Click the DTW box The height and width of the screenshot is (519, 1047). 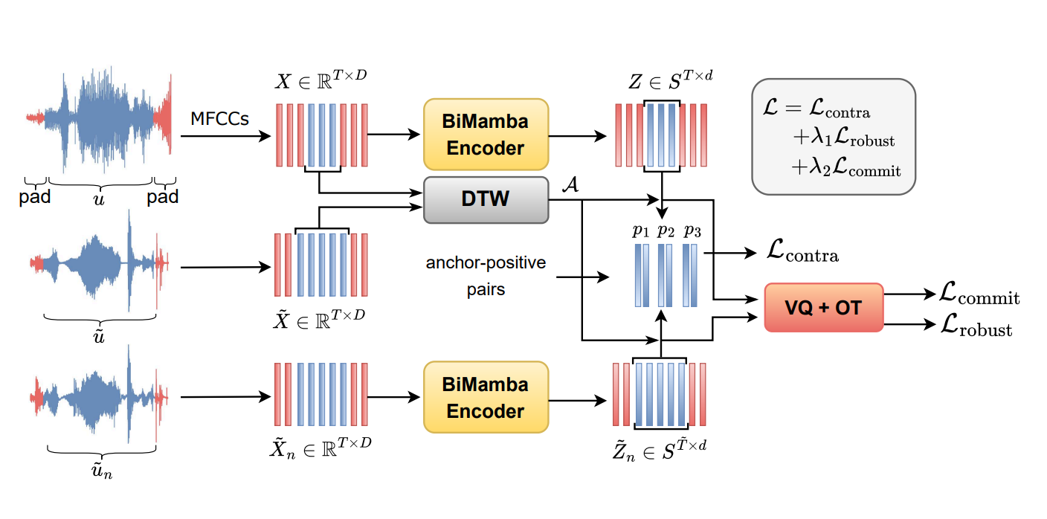point(486,199)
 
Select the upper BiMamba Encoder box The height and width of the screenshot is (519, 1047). point(486,135)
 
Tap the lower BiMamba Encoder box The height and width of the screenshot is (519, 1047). point(486,397)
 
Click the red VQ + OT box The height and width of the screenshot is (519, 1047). point(823,307)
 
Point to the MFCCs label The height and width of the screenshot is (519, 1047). point(220,119)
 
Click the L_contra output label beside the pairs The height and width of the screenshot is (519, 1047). point(802,254)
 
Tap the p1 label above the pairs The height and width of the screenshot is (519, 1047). point(640,231)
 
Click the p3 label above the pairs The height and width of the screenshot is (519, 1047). point(692,231)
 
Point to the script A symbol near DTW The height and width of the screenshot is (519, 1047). point(570,186)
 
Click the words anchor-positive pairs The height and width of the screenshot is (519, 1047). point(486,276)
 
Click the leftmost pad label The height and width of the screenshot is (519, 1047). point(35,197)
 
